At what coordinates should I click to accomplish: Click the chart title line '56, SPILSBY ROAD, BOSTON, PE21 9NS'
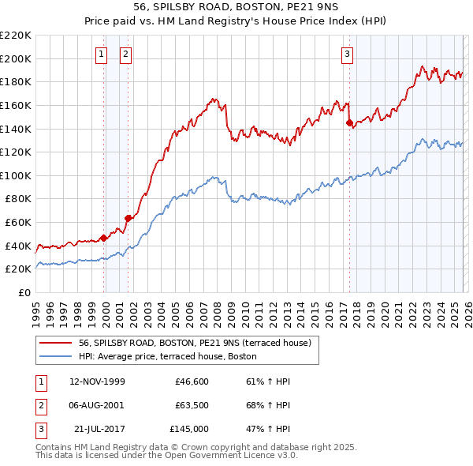pos(236,7)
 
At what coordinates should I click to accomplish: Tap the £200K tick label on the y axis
pos(16,58)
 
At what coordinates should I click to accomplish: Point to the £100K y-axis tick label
pos(16,175)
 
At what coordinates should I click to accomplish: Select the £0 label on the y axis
pos(25,292)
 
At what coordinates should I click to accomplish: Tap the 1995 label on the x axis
pos(35,312)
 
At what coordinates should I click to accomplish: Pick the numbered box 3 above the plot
pos(347,54)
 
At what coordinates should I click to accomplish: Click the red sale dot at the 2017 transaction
pos(348,122)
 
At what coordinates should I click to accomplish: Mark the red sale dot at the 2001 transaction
pos(127,218)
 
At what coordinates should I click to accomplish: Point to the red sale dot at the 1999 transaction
pos(103,238)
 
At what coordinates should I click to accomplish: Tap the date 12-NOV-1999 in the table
pos(97,381)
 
